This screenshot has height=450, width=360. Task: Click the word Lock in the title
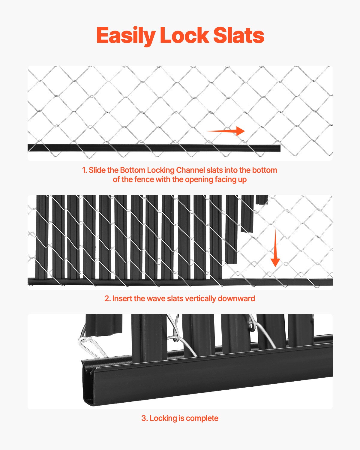184,36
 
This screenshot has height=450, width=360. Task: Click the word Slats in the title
238,36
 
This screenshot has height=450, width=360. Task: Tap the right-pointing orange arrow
226,131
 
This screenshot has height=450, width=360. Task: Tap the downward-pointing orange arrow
275,249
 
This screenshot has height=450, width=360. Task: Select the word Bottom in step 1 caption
132,170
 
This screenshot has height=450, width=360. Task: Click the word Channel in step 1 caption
191,170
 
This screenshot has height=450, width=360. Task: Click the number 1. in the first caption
85,170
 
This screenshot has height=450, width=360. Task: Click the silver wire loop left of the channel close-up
90,345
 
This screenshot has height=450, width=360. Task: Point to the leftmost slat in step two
42,237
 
